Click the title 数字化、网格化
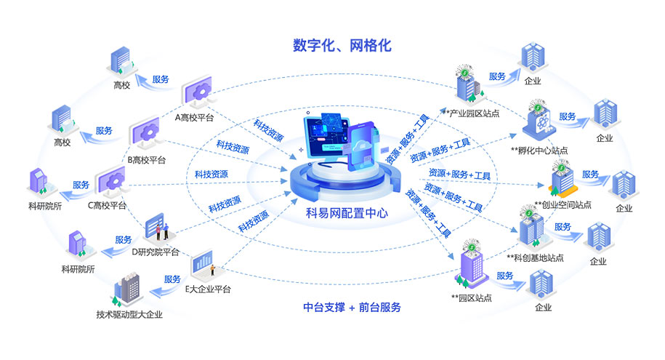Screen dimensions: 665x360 click(342, 45)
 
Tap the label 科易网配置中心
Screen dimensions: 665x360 click(347, 212)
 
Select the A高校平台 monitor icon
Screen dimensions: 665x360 click(197, 91)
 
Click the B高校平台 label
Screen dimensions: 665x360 click(146, 160)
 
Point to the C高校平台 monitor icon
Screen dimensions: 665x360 click(111, 181)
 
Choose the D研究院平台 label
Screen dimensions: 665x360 click(156, 252)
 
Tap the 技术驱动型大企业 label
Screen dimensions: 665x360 click(129, 315)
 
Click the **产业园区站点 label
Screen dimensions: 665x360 click(470, 113)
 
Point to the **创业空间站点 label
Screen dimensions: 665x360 click(563, 205)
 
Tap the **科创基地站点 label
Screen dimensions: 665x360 click(535, 257)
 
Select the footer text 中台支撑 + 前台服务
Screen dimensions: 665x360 click(352, 308)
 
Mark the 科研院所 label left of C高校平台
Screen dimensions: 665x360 click(45, 207)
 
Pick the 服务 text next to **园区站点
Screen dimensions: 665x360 click(504, 276)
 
